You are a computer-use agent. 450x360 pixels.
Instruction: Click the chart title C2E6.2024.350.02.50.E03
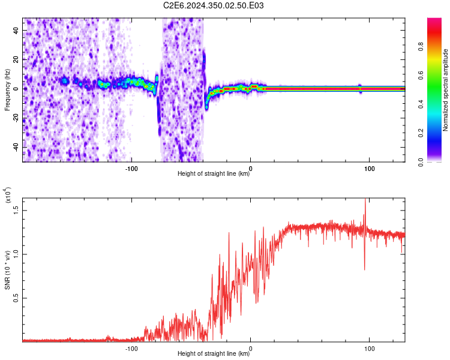point(214,6)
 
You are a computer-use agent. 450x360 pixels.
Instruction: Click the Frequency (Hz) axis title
point(8,90)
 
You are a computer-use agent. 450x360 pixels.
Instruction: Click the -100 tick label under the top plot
point(131,167)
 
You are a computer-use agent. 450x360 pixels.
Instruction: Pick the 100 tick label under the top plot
point(370,167)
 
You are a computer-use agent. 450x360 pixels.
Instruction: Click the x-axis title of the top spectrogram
point(214,174)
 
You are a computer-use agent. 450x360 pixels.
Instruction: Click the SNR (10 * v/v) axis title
point(8,269)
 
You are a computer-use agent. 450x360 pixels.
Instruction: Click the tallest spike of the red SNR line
point(365,200)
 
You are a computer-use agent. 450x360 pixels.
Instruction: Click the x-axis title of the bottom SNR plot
point(214,354)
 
